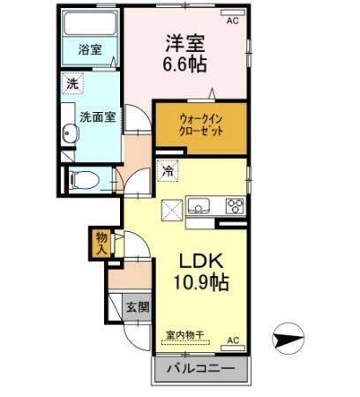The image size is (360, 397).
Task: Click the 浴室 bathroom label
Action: click(89, 50)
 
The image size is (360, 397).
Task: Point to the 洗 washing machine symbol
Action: click(70, 85)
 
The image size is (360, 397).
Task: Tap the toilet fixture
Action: click(83, 181)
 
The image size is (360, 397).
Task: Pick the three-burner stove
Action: click(235, 206)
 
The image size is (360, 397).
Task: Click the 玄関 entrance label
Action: click(138, 307)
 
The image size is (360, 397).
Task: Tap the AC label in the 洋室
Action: click(233, 19)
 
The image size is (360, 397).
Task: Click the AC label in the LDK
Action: click(233, 340)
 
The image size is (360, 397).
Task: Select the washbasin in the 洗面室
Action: click(70, 133)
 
